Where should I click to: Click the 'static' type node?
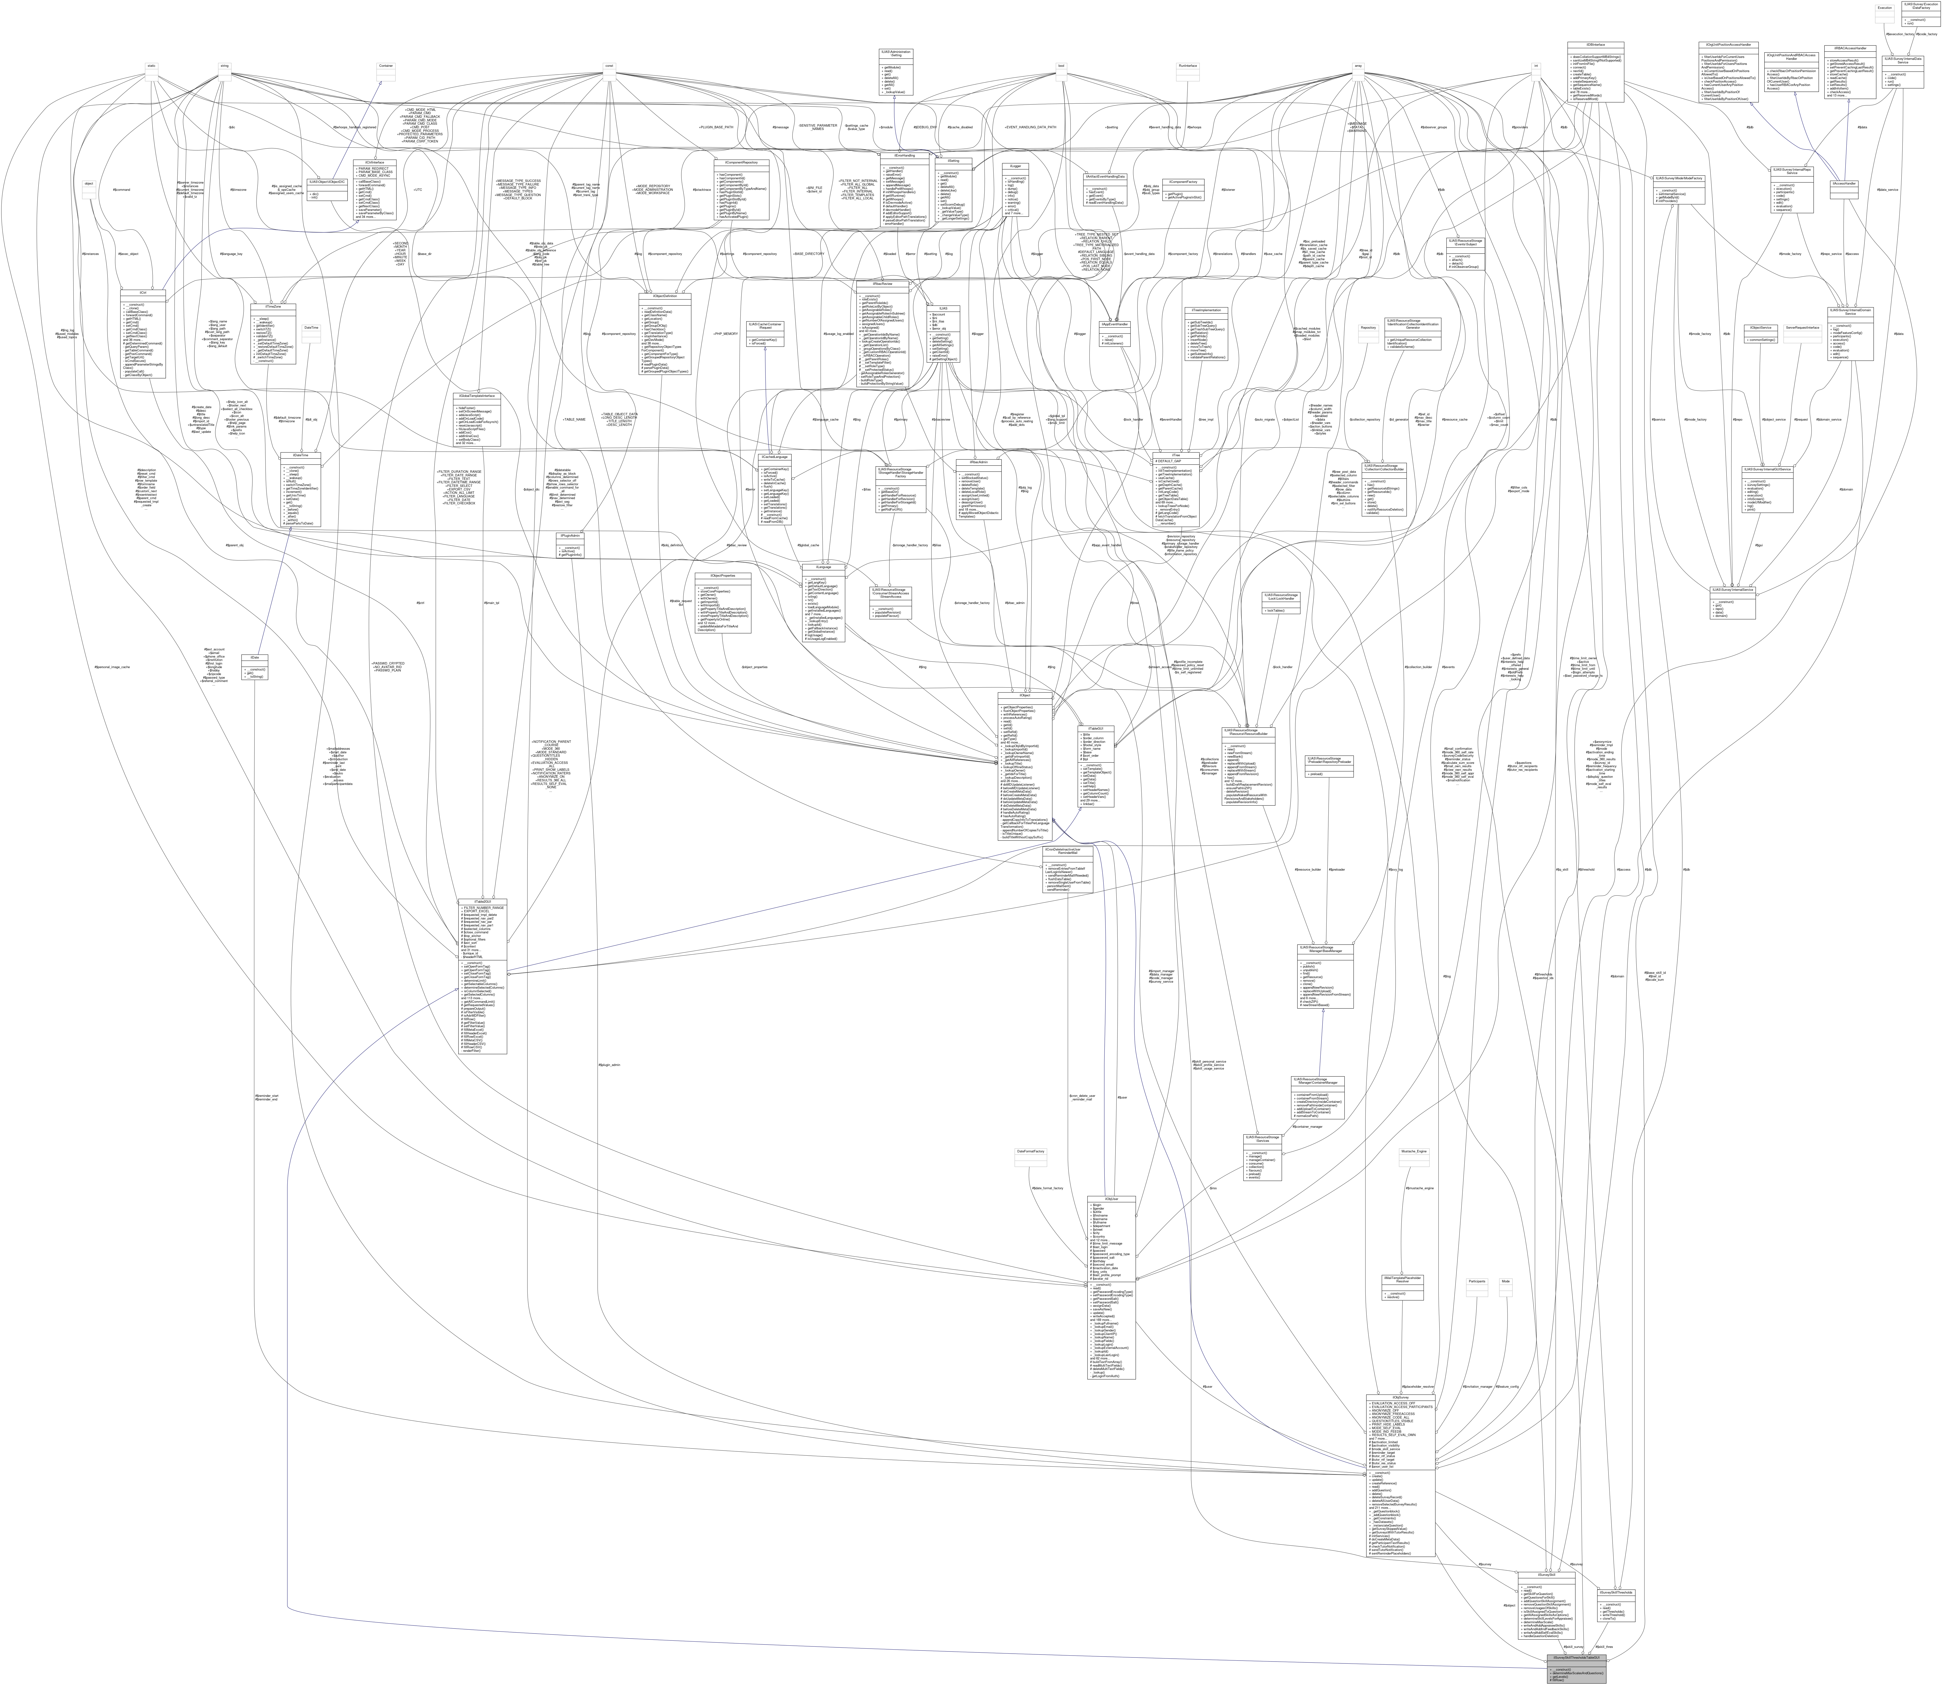pos(150,66)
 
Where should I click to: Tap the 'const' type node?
pos(609,66)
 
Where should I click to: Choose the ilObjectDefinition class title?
pos(665,295)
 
